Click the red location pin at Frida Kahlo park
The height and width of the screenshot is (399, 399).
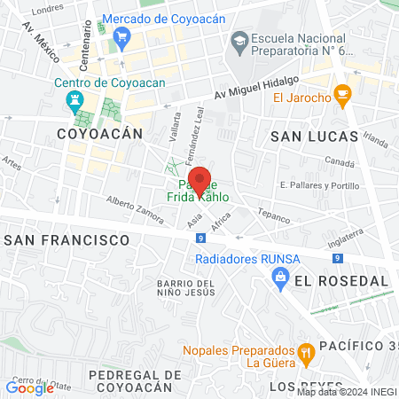coord(200,180)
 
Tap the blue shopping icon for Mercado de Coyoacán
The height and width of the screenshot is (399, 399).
coord(122,37)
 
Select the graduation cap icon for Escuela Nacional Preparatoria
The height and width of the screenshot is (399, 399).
coord(239,41)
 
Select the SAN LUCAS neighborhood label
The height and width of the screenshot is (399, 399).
coord(314,137)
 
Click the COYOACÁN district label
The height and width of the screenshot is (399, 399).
coord(98,133)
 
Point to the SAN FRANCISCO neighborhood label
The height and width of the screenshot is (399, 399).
coord(67,240)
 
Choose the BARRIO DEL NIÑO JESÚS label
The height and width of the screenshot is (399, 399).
coord(185,287)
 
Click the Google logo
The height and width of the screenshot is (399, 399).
coord(29,387)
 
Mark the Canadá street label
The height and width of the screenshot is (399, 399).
coord(340,162)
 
